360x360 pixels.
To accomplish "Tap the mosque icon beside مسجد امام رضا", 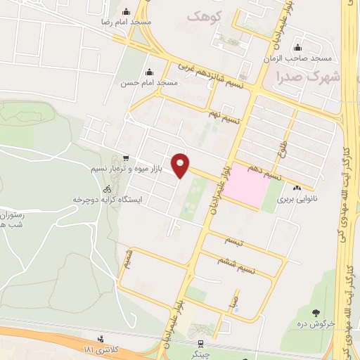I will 127,11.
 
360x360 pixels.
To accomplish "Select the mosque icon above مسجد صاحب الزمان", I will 298,48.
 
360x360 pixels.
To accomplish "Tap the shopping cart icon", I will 125,158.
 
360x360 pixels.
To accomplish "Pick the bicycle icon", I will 107,189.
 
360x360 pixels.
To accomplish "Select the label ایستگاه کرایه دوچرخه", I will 108,200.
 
